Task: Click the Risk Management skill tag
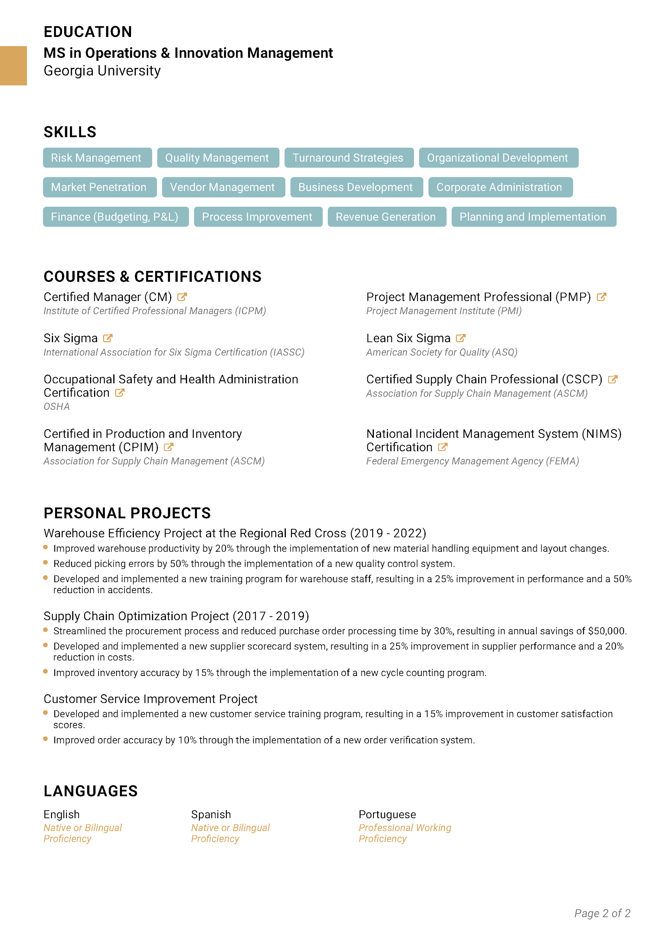click(x=97, y=158)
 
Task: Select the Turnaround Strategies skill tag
click(x=349, y=158)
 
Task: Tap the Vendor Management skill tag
click(x=223, y=187)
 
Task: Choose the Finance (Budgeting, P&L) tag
click(x=116, y=217)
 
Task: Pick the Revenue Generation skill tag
click(x=387, y=217)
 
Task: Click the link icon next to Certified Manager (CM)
click(x=182, y=297)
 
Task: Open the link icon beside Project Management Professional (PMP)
click(x=601, y=297)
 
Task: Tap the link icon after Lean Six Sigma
click(x=461, y=338)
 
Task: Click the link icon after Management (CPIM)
click(x=169, y=447)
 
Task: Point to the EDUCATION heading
click(x=88, y=32)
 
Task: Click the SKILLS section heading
click(x=70, y=132)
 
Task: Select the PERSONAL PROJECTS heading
click(x=127, y=513)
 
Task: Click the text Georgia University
click(x=102, y=71)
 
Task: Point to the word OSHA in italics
click(x=57, y=406)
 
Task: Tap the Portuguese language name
click(x=387, y=814)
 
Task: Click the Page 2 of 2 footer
click(x=602, y=913)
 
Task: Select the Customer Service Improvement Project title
click(x=151, y=699)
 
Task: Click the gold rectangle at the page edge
click(x=13, y=65)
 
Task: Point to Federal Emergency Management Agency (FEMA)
click(x=473, y=461)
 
